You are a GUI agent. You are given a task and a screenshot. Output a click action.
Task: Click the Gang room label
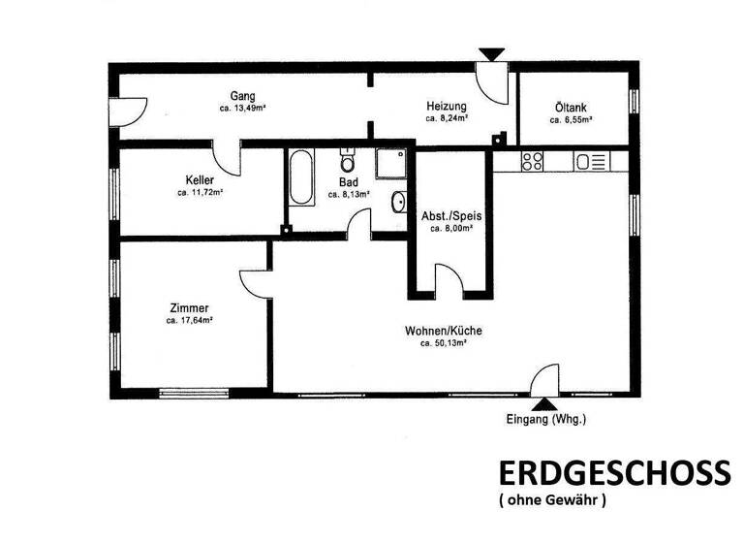pyautogui.click(x=242, y=95)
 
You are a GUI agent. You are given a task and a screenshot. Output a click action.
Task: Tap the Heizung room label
pyautogui.click(x=447, y=106)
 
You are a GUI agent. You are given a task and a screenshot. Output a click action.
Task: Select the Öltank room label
pyautogui.click(x=571, y=109)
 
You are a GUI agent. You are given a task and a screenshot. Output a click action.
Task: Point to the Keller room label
pyautogui.click(x=200, y=179)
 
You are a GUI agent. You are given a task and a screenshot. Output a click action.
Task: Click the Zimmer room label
pyautogui.click(x=188, y=308)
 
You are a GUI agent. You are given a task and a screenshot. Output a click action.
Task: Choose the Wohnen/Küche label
pyautogui.click(x=444, y=331)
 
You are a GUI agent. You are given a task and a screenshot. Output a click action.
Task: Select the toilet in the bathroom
pyautogui.click(x=348, y=161)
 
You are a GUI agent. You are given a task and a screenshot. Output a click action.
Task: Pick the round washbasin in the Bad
pyautogui.click(x=399, y=203)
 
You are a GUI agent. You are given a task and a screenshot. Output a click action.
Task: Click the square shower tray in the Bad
pyautogui.click(x=392, y=165)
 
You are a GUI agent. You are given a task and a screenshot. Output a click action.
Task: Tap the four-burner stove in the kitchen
pyautogui.click(x=533, y=161)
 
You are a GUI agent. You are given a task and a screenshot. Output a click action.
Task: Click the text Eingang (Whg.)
pyautogui.click(x=546, y=420)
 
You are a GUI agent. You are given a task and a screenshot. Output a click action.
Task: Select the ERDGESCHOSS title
pyautogui.click(x=613, y=473)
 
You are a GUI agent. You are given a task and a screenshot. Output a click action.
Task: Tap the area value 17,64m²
pyautogui.click(x=189, y=320)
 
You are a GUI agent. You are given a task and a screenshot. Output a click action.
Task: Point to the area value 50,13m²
pyautogui.click(x=444, y=342)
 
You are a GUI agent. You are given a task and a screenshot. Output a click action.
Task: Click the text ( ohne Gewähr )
pyautogui.click(x=552, y=501)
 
